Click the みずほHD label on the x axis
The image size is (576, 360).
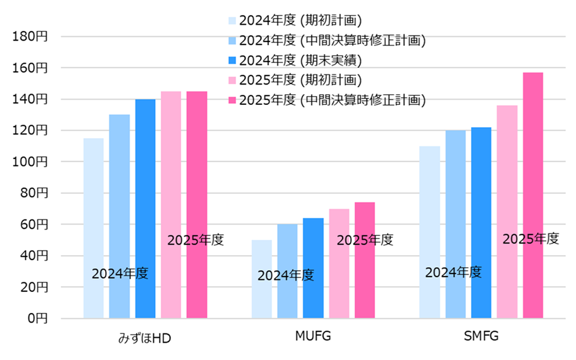pyautogui.click(x=145, y=337)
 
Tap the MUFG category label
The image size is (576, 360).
pyautogui.click(x=313, y=336)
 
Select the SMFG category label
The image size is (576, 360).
pyautogui.click(x=481, y=336)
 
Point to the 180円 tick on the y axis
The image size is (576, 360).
pyautogui.click(x=30, y=36)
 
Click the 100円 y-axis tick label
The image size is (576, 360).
pyautogui.click(x=30, y=162)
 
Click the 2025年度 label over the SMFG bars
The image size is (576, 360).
pyautogui.click(x=531, y=239)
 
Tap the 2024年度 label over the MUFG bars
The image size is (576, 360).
pyautogui.click(x=285, y=275)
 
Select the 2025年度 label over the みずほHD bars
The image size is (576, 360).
pyautogui.click(x=196, y=240)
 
